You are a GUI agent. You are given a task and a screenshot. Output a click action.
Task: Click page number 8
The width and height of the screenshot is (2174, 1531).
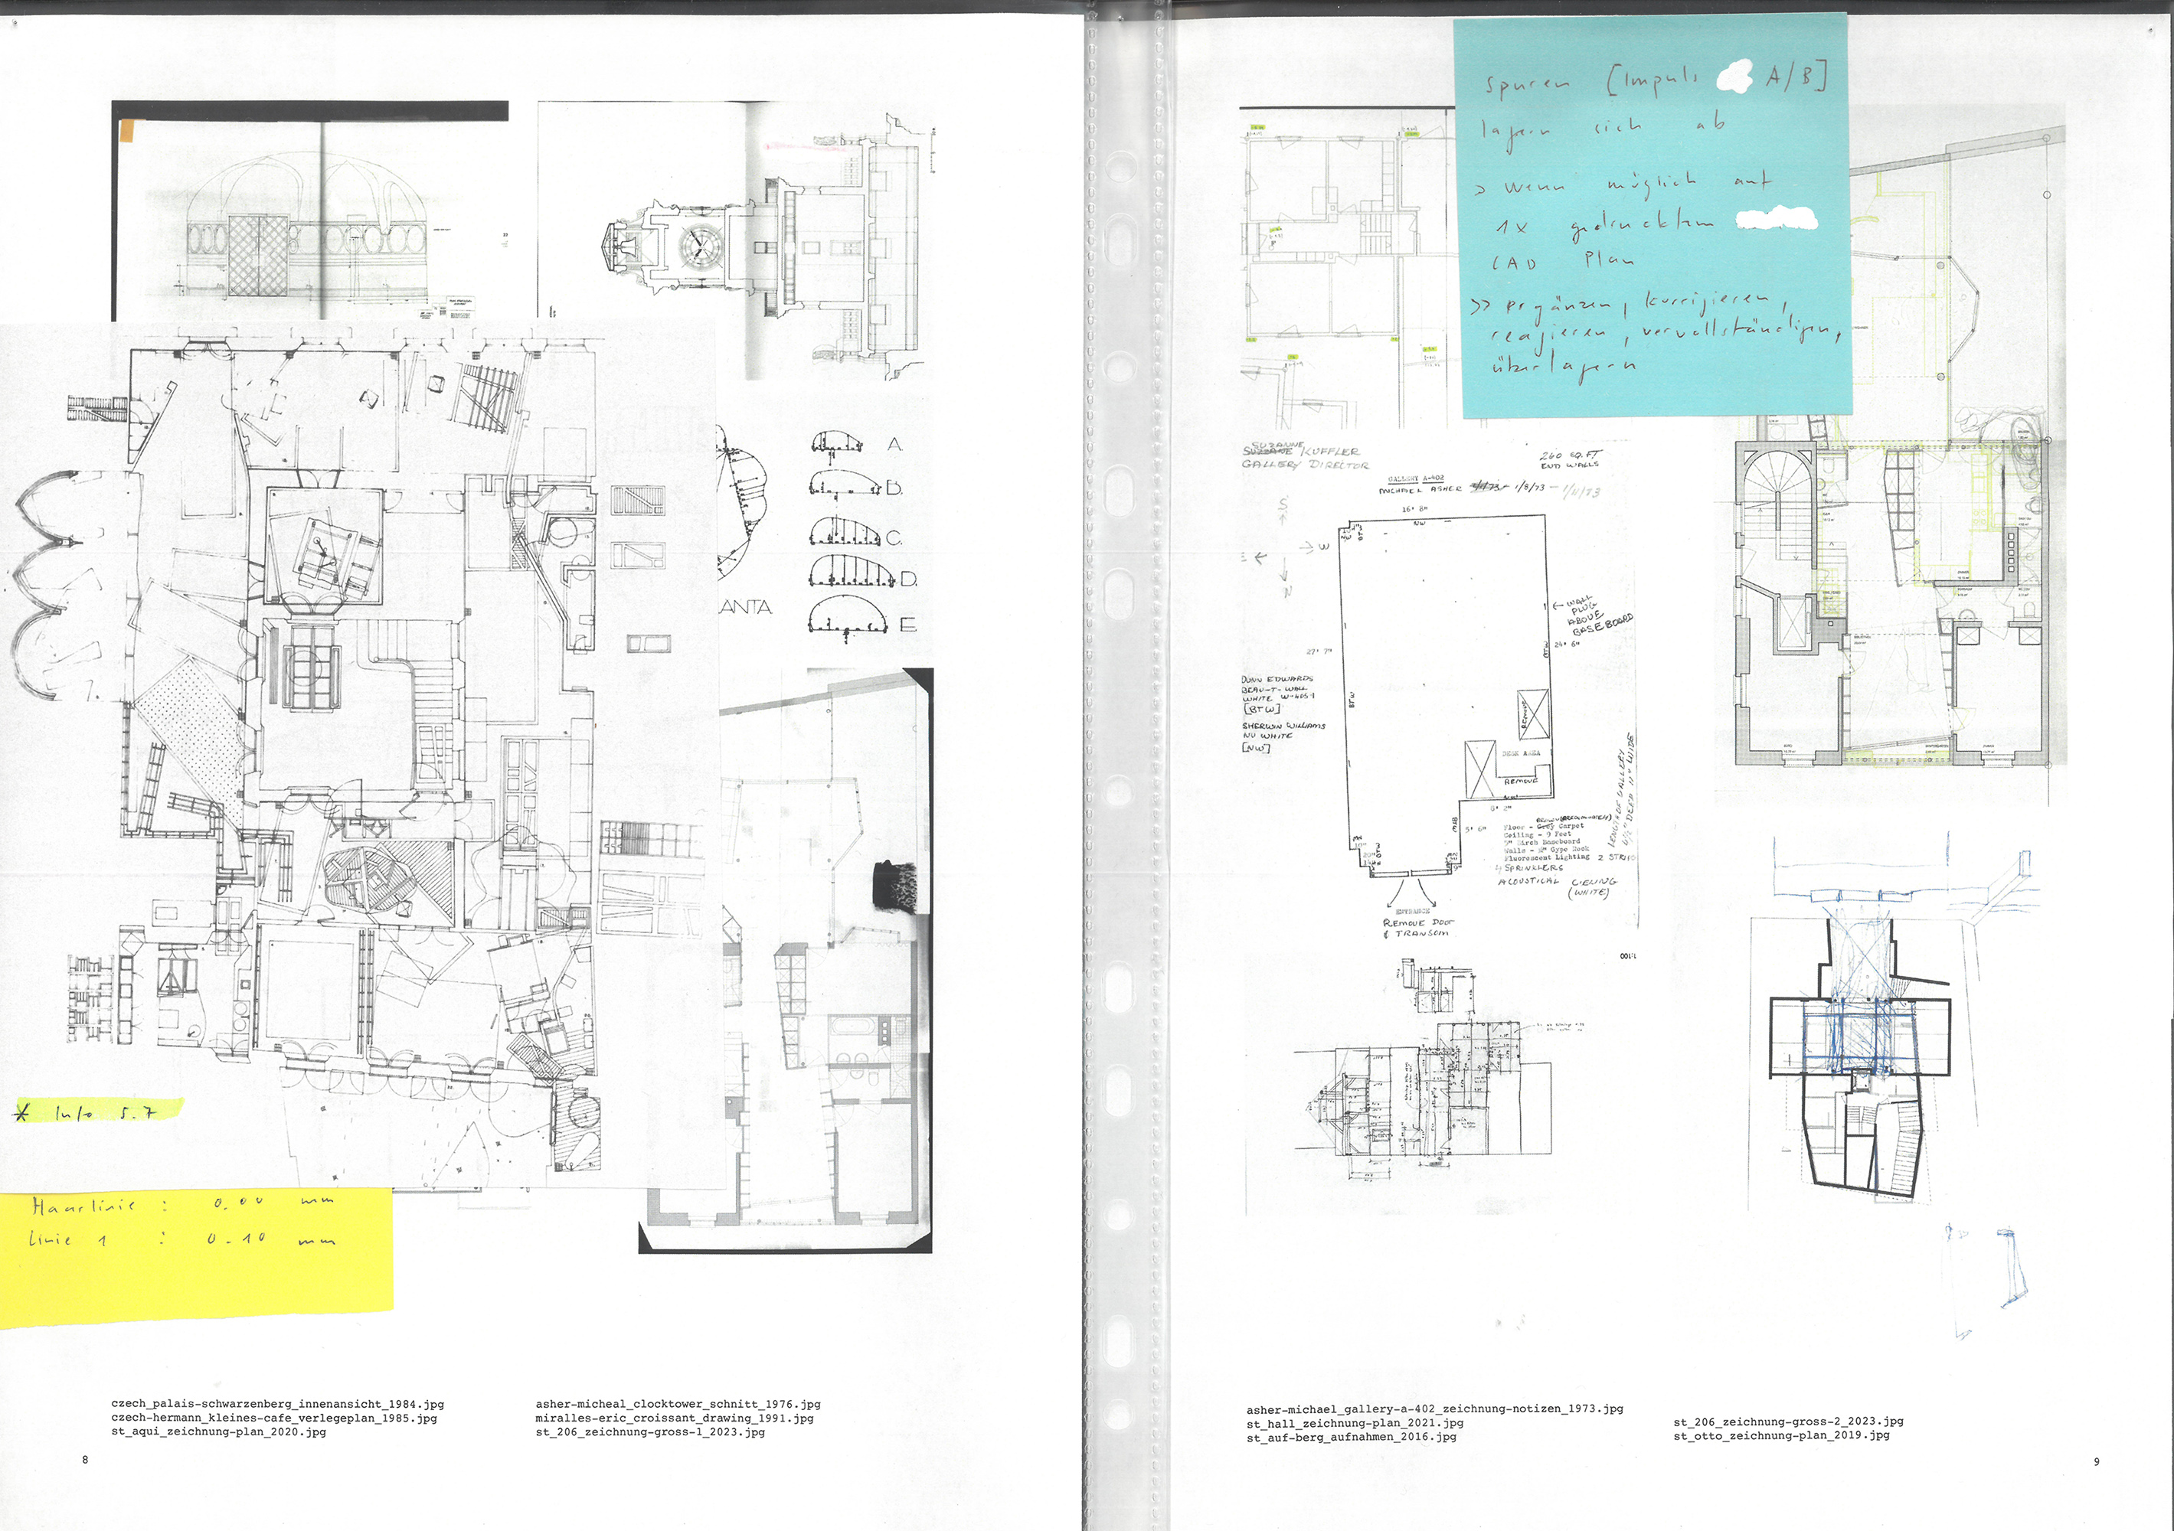85,1459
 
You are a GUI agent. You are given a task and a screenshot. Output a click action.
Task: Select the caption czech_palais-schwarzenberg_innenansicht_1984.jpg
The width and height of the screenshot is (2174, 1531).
277,1404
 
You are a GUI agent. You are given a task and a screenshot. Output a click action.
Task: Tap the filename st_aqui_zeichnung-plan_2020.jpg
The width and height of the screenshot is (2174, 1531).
219,1431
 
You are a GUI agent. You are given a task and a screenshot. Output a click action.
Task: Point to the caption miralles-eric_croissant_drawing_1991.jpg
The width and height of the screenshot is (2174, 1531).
674,1418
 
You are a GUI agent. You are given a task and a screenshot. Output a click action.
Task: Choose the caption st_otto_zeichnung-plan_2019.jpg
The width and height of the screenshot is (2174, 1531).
1781,1435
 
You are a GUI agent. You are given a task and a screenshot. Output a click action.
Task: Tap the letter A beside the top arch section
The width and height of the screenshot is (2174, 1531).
894,444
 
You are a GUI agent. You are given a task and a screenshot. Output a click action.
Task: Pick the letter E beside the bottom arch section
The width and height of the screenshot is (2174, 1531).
907,624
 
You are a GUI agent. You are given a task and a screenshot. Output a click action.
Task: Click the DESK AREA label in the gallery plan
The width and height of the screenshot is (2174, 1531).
1521,754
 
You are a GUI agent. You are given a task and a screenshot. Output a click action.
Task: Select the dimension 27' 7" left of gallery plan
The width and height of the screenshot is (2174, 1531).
1319,651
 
